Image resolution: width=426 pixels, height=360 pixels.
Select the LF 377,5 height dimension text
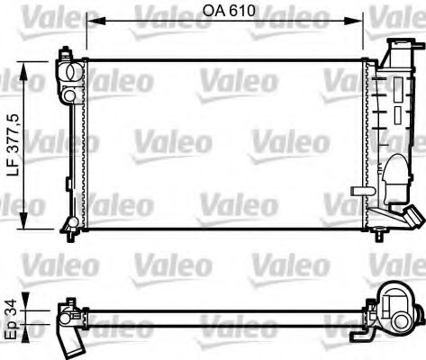[13, 144]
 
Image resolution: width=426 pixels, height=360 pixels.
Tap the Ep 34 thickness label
[10, 316]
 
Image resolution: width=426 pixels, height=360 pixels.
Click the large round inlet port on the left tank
[68, 72]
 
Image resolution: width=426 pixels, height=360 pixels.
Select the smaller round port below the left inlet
[68, 94]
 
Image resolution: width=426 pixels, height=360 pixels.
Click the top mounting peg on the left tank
[64, 53]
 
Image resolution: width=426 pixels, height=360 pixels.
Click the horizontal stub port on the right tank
[361, 190]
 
